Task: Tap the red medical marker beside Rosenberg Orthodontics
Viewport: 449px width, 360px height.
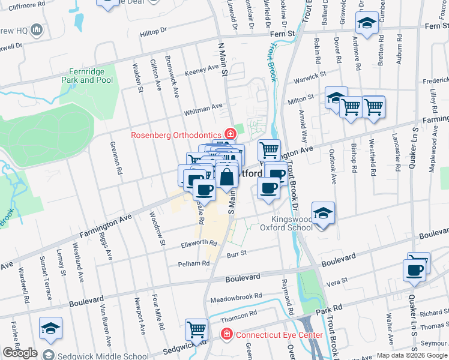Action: [229, 133]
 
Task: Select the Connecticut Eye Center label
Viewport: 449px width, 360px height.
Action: [279, 335]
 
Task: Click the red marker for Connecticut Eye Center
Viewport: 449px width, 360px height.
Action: [227, 334]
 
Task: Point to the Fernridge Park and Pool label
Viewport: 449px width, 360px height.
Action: [87, 76]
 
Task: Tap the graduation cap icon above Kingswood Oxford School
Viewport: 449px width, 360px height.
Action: [323, 213]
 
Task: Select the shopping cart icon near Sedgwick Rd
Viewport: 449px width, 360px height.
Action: [196, 329]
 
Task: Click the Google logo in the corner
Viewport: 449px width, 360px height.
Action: [20, 353]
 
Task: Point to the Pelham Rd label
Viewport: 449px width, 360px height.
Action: [193, 263]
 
